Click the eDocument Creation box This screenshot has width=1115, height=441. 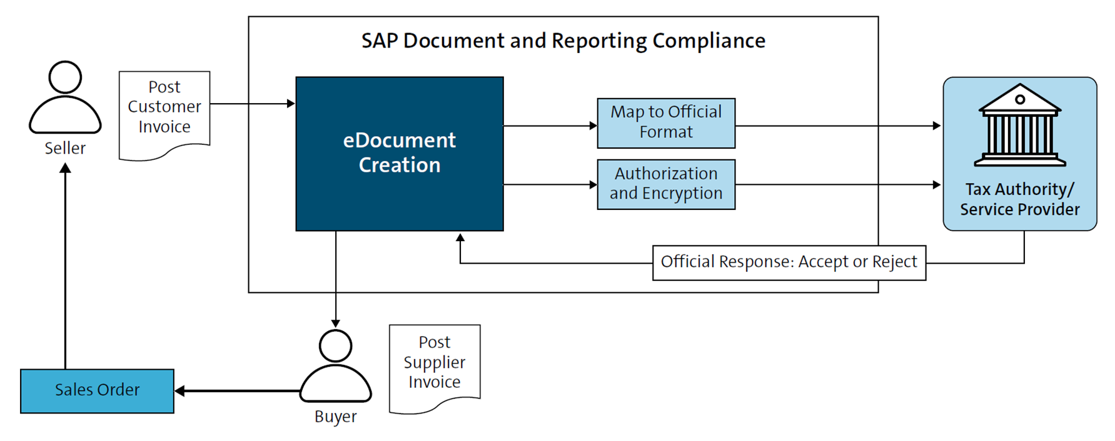[399, 154]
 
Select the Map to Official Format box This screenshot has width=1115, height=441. [666, 123]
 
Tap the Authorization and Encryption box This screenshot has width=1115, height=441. [666, 184]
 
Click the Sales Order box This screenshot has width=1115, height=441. [97, 391]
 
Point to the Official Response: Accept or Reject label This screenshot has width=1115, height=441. [789, 262]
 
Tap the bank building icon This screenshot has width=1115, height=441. [1019, 125]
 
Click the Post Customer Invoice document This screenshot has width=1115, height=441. [164, 112]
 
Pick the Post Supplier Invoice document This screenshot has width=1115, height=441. [435, 365]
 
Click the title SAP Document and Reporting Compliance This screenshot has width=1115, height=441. [563, 41]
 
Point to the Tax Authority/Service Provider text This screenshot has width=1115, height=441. [1019, 199]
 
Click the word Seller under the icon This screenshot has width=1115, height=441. [65, 149]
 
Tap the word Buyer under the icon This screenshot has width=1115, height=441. [336, 417]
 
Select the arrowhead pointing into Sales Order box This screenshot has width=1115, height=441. [180, 391]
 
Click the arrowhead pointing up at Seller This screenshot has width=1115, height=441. [65, 168]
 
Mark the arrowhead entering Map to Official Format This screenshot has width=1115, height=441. [593, 126]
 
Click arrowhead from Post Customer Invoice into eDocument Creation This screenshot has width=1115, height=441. [291, 104]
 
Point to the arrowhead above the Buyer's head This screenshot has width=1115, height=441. [336, 323]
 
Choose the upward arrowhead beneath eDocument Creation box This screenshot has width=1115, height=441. [460, 238]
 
